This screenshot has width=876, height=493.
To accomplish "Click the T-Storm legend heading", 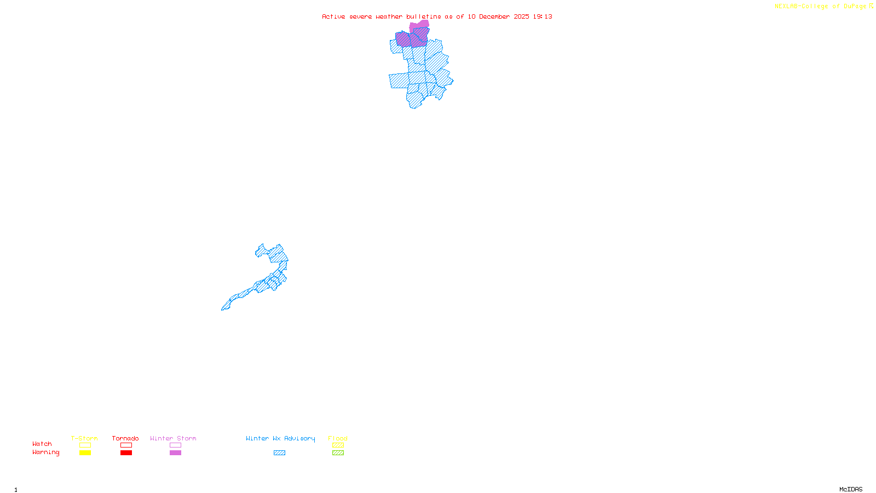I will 84,438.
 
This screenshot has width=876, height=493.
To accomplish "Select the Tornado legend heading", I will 125,438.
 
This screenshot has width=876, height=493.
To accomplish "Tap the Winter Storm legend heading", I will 173,438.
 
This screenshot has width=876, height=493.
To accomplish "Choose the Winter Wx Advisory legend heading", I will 280,438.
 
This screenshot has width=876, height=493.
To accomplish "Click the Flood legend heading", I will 338,438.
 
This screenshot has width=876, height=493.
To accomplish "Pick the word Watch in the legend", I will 42,444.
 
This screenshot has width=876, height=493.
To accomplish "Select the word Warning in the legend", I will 46,452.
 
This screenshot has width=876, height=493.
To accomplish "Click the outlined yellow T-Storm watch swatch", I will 85,445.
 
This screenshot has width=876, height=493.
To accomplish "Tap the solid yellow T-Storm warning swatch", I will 85,453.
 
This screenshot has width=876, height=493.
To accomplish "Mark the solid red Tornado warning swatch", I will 126,453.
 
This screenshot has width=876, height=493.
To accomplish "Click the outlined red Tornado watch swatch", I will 126,445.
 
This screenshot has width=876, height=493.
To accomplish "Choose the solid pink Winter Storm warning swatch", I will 175,453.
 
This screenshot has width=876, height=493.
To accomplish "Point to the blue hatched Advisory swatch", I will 279,453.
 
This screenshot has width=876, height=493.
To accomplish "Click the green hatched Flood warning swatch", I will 338,453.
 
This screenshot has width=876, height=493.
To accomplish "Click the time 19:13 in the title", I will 543,16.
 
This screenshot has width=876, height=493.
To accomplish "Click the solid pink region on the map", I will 419,25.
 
